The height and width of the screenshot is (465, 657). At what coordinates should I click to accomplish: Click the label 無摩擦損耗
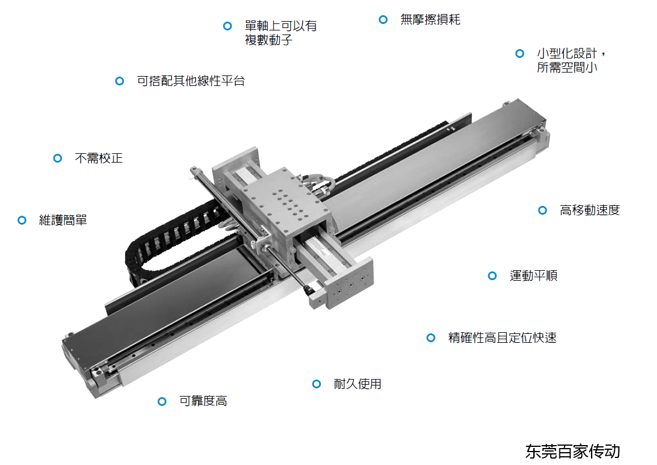tap(430, 19)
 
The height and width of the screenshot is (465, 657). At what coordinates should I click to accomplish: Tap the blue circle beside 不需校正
tap(58, 158)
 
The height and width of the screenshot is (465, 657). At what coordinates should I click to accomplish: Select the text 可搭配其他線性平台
tap(191, 81)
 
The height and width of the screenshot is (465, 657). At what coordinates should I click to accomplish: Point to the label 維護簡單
tap(63, 220)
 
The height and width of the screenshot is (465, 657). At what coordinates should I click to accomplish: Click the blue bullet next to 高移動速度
tap(542, 210)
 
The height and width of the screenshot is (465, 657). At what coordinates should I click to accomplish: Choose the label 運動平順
tap(534, 275)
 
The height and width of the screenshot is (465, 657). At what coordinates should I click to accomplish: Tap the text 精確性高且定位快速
tap(502, 337)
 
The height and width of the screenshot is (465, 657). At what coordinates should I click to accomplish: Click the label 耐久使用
tap(357, 384)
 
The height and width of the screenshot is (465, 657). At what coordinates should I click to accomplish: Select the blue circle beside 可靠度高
tap(162, 401)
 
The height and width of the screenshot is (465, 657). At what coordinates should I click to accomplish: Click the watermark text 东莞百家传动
tap(573, 452)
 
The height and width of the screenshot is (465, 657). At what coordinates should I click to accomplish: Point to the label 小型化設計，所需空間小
tap(572, 60)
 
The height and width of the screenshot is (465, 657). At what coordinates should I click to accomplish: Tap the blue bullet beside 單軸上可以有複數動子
tap(227, 26)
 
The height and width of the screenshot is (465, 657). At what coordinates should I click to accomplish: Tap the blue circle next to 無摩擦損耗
tap(383, 19)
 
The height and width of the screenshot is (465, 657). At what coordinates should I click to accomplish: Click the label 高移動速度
tap(590, 210)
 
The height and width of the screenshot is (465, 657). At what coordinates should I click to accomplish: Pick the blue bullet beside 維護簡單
tap(22, 220)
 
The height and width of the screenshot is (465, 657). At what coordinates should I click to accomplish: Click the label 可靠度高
tap(203, 401)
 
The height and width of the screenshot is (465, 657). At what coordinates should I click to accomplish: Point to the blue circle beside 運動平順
tap(492, 275)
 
